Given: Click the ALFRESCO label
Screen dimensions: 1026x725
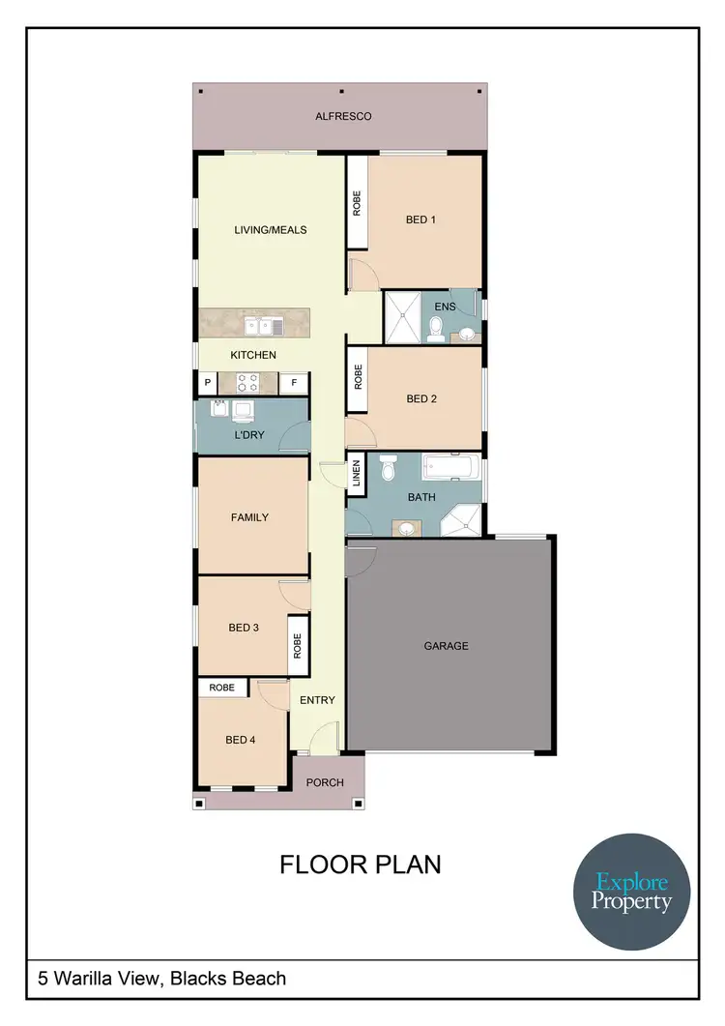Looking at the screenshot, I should point(343,116).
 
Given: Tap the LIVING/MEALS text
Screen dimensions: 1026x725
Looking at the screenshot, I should point(271,230).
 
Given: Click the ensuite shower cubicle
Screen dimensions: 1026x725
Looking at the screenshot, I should point(404,316).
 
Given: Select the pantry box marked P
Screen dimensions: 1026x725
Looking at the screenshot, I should point(207,383).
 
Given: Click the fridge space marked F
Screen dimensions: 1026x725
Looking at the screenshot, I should point(294,383).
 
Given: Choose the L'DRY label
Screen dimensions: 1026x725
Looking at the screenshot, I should point(249,436).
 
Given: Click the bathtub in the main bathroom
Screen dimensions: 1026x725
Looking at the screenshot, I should point(450,469).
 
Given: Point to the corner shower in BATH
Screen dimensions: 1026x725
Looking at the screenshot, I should point(461,521).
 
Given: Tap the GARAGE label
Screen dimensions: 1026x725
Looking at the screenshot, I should point(446,645).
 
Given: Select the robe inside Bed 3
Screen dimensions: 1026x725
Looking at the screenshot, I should point(298,646).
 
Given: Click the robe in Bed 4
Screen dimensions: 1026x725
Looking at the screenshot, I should point(222,687).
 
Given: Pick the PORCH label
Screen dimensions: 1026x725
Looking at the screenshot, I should point(324,782).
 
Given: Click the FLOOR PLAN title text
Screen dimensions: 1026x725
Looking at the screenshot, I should point(361,864).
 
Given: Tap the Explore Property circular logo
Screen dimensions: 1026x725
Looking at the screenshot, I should point(632,892).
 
